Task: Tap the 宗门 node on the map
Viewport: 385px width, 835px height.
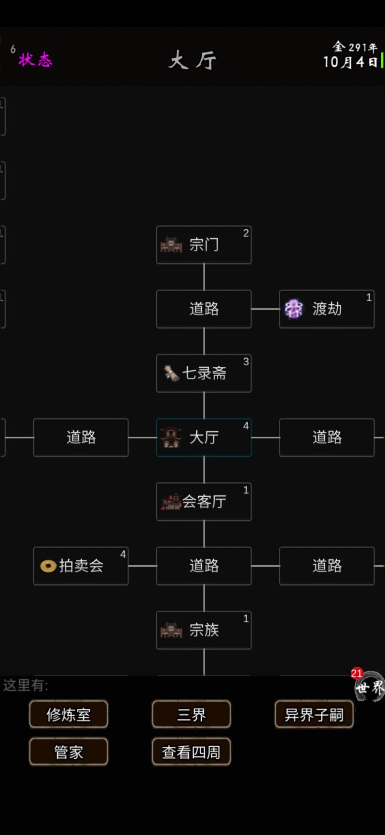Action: pyautogui.click(x=204, y=245)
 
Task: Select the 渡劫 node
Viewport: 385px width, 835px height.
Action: pyautogui.click(x=327, y=309)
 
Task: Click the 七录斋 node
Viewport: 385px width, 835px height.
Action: pyautogui.click(x=204, y=373)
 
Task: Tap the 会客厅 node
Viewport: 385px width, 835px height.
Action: pyautogui.click(x=204, y=502)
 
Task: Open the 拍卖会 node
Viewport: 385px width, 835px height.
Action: pyautogui.click(x=81, y=566)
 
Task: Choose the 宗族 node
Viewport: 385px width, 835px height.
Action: pyautogui.click(x=204, y=630)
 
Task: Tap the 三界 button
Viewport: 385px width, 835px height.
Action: pyautogui.click(x=191, y=714)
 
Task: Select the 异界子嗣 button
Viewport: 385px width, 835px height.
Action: pyautogui.click(x=314, y=714)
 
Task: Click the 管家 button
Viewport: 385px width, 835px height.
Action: pyautogui.click(x=68, y=751)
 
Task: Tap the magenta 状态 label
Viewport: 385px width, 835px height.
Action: pyautogui.click(x=35, y=59)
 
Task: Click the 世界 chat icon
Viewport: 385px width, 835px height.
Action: pyautogui.click(x=369, y=687)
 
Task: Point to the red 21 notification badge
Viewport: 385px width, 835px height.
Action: pyautogui.click(x=357, y=673)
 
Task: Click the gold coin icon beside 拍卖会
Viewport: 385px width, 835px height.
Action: pyautogui.click(x=48, y=566)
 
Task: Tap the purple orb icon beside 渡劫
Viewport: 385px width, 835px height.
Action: pyautogui.click(x=294, y=309)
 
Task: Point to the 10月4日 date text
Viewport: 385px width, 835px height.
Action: pyautogui.click(x=350, y=62)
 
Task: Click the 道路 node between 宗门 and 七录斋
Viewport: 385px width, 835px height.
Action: pyautogui.click(x=204, y=309)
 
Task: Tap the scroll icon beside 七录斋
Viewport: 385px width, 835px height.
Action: pyautogui.click(x=172, y=373)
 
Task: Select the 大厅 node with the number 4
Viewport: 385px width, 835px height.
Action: pyautogui.click(x=204, y=437)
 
